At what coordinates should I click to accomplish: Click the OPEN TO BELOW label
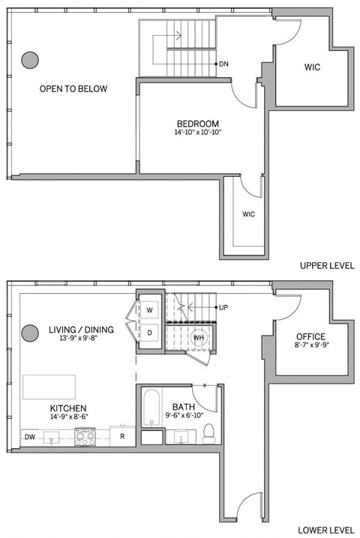coord(73,89)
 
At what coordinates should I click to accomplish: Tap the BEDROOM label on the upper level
coord(197,124)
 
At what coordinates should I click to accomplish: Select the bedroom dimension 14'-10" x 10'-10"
coord(197,133)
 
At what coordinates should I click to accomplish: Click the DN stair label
coord(223,64)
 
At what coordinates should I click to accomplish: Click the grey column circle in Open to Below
coord(30,58)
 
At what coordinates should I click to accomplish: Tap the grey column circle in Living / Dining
coord(30,332)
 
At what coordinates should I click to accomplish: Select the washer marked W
coord(149,309)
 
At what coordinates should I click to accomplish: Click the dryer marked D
coord(149,332)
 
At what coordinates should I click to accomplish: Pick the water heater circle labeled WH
coord(199,337)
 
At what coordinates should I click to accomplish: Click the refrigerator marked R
coord(121,435)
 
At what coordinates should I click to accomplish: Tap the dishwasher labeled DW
coord(29,436)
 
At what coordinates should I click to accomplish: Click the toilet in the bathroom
coord(209,432)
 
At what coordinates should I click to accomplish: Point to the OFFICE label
coord(310,336)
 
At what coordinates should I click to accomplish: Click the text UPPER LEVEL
coord(326,266)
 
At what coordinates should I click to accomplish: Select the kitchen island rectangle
coord(49,388)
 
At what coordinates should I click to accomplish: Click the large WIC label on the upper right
coord(312,67)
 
